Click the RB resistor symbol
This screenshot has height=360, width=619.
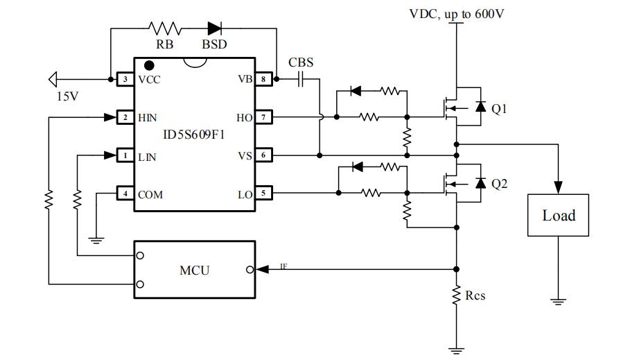164,29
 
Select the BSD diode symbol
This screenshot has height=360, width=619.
214,29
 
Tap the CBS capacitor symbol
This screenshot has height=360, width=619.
302,80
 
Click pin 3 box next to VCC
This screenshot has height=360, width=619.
125,80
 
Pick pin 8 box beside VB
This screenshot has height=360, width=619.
263,80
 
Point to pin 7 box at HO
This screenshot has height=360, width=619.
263,118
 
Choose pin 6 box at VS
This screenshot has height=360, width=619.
263,156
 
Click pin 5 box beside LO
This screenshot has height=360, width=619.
263,194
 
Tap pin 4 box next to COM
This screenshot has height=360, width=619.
125,194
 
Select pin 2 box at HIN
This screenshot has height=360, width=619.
125,118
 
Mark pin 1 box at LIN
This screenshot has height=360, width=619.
125,156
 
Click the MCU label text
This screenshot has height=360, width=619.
194,270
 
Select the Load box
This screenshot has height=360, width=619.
559,216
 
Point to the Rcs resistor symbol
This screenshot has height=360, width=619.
456,295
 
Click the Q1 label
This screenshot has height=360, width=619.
499,108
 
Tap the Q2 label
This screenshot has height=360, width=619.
499,184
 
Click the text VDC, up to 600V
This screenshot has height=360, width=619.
456,13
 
